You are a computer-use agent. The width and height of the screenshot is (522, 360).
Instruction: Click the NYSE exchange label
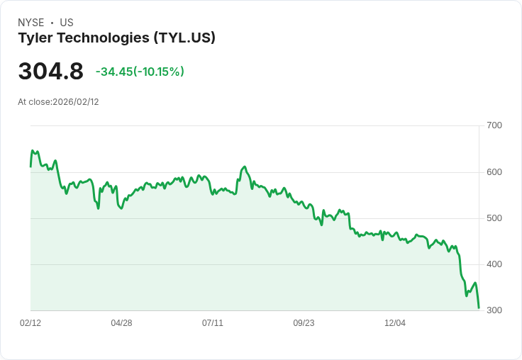[30, 23]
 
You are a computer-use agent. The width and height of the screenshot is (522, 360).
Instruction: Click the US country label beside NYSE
[67, 23]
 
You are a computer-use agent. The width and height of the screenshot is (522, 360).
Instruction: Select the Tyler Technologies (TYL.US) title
[116, 38]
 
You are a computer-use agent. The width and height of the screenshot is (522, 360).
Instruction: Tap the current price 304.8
[50, 72]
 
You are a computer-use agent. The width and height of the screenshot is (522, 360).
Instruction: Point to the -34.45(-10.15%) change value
[140, 72]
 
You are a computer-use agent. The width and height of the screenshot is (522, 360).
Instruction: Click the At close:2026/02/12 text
[58, 102]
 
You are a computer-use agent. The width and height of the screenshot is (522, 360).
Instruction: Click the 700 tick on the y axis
[494, 125]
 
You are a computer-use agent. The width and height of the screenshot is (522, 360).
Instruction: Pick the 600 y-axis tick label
[494, 172]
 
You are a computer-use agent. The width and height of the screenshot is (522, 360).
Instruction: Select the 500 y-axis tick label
[494, 218]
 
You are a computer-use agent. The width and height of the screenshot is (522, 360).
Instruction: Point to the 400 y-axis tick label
[494, 264]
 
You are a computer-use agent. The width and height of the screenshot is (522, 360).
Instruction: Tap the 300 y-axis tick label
[494, 310]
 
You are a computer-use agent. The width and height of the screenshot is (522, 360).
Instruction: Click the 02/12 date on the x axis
[30, 323]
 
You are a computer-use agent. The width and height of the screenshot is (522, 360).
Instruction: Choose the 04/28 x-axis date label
[121, 323]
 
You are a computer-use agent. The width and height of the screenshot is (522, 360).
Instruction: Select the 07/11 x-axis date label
[213, 323]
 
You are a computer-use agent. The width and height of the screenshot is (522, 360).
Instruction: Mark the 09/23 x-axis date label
[304, 323]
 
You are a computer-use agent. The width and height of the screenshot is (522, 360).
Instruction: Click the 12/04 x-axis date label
[395, 323]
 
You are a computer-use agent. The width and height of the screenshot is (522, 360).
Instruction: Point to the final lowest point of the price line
[479, 308]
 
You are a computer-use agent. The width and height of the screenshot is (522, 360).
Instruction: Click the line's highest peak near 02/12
[33, 151]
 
